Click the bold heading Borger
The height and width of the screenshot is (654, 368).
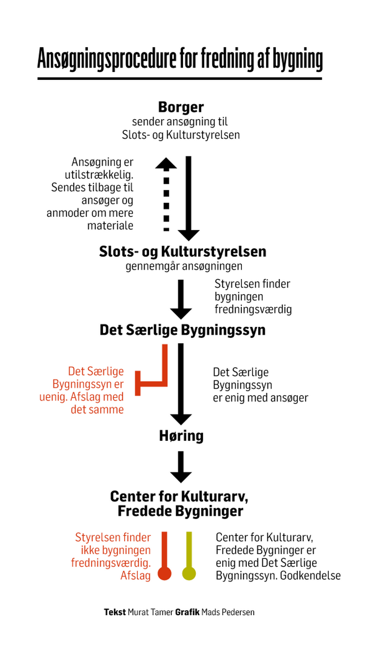click(181, 107)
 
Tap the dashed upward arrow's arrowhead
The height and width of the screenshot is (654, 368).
click(166, 164)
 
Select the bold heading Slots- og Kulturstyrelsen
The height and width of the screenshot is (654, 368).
click(183, 252)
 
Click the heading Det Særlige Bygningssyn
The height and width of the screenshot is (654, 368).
click(183, 330)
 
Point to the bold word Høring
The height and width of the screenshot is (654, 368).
click(181, 436)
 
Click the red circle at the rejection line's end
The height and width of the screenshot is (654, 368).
click(164, 573)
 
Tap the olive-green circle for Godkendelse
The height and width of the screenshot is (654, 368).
click(189, 573)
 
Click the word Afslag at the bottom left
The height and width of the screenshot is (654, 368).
click(135, 576)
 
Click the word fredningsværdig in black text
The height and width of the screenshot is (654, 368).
click(253, 309)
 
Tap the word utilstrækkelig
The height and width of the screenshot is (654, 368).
click(99, 175)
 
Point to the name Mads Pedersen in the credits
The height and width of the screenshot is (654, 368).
click(228, 612)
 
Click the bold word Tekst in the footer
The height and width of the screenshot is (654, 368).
click(115, 612)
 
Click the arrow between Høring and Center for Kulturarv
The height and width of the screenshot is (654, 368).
click(181, 467)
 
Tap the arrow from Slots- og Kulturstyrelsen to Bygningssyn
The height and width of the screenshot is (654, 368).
click(181, 300)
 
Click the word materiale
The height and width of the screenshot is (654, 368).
click(110, 226)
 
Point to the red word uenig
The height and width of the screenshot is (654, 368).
click(53, 397)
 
